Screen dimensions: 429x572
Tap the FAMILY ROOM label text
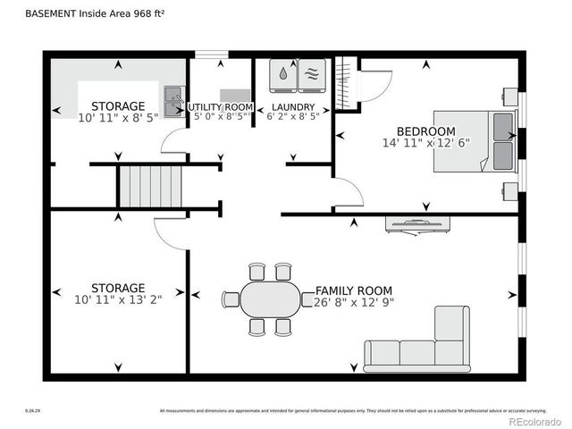pyautogui.click(x=354, y=291)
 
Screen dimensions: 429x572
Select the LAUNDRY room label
pyautogui.click(x=293, y=107)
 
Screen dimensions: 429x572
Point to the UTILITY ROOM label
pyautogui.click(x=221, y=107)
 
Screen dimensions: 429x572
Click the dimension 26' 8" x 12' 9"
pyautogui.click(x=354, y=303)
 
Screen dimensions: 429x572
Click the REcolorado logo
pyautogui.click(x=534, y=421)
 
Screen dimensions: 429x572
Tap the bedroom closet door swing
pyautogui.click(x=375, y=83)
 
